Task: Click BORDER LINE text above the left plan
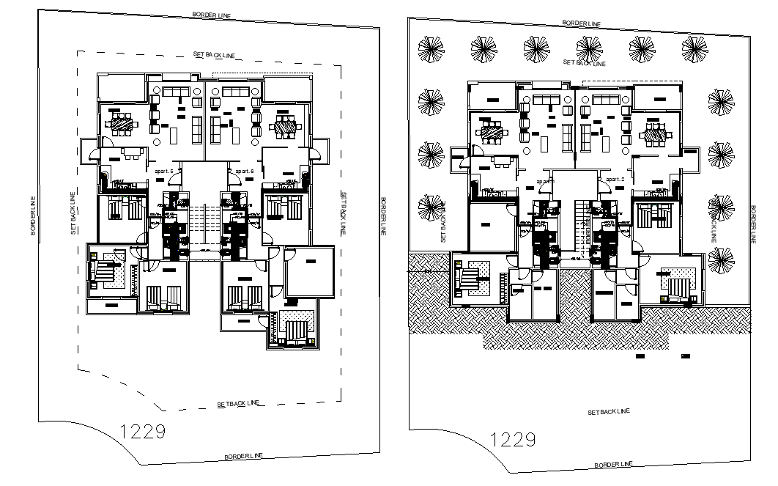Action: click(x=212, y=14)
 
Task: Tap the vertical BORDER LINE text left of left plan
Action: click(x=33, y=216)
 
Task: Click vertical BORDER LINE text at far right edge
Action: click(x=752, y=224)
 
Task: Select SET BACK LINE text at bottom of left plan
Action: click(x=239, y=404)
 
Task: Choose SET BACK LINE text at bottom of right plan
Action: click(x=608, y=412)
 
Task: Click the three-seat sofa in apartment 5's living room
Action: click(x=175, y=91)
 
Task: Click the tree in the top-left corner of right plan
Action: click(x=431, y=49)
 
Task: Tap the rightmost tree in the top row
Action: click(x=694, y=49)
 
